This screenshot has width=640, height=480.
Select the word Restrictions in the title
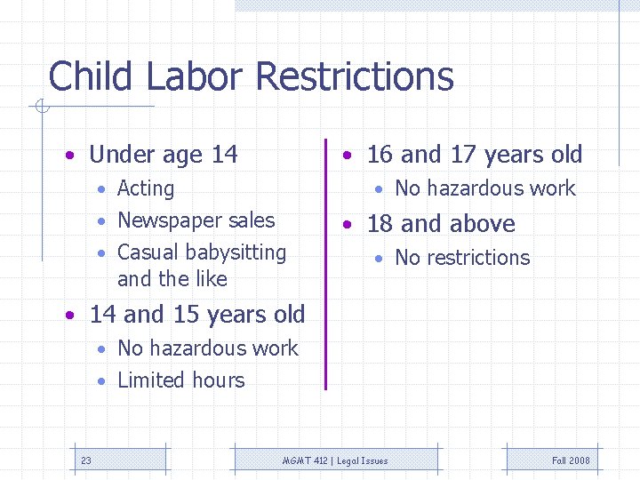(354, 76)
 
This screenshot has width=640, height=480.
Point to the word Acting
(146, 188)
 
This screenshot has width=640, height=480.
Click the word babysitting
(233, 252)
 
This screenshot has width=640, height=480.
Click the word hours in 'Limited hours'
(217, 380)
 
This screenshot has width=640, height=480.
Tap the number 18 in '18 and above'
(380, 224)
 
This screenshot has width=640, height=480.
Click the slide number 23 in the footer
(85, 460)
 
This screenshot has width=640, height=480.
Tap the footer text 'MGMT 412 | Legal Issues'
(335, 460)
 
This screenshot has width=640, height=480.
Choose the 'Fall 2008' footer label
(571, 460)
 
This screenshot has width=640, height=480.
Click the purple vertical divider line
(326, 267)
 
